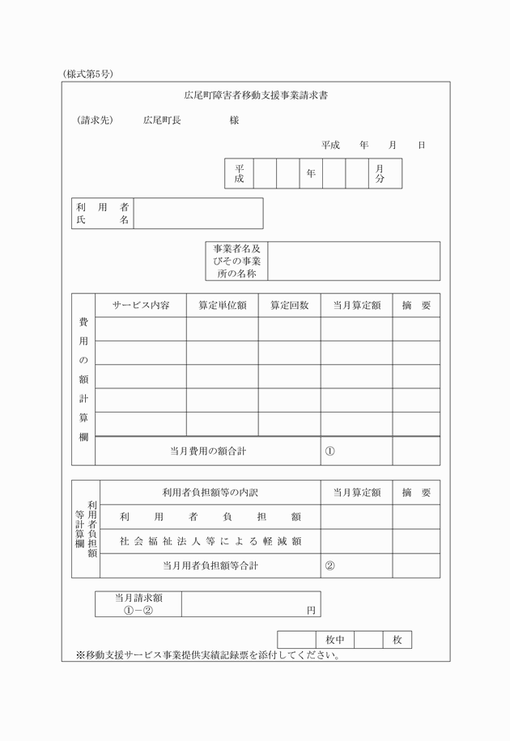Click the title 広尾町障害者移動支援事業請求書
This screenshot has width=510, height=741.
tap(255, 95)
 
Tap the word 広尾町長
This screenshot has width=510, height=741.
tap(162, 121)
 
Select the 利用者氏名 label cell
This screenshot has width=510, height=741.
tap(103, 214)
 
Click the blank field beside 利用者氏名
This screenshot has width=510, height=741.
tap(198, 214)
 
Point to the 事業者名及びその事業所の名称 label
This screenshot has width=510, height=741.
tap(236, 261)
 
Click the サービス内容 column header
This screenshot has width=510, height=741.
tap(141, 305)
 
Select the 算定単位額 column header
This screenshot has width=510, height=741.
tap(223, 305)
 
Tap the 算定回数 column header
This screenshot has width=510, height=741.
tap(289, 305)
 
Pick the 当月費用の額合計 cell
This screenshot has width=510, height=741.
tap(208, 451)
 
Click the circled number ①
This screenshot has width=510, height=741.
tap(329, 451)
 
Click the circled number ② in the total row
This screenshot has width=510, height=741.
tap(329, 565)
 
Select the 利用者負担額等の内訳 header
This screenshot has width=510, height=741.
tap(210, 492)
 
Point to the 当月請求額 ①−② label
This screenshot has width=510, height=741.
tap(138, 604)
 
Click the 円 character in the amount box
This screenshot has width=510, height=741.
tap(311, 611)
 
